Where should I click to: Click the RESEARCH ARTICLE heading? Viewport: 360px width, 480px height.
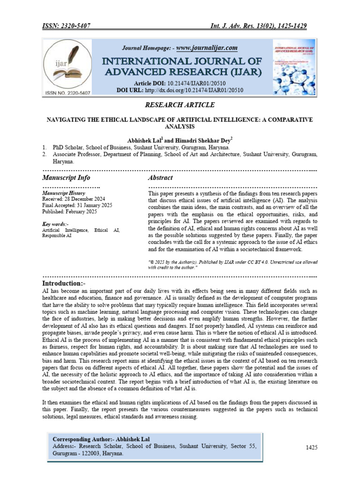pos(180,105)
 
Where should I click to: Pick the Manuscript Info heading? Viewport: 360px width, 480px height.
pos(66,178)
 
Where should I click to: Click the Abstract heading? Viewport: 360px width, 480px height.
pos(160,178)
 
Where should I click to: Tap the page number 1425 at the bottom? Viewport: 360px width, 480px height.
pos(312,448)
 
